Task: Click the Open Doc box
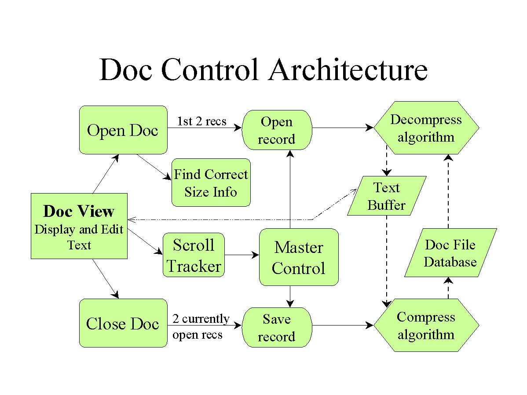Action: click(123, 130)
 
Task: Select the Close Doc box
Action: click(123, 323)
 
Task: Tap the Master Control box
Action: click(299, 257)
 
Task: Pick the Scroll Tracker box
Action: click(194, 255)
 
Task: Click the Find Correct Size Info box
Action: click(211, 183)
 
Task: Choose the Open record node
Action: click(277, 130)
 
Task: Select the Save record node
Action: click(277, 327)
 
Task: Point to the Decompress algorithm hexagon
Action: click(426, 128)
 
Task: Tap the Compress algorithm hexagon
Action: click(426, 325)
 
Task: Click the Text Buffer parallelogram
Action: click(387, 196)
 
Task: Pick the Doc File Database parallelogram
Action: click(450, 253)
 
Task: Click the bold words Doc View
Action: click(79, 211)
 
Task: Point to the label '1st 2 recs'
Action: click(201, 121)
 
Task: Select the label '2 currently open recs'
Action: click(201, 326)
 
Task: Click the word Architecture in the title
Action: click(348, 69)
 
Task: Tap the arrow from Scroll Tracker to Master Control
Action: click(242, 255)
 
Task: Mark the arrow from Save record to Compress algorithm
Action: click(343, 325)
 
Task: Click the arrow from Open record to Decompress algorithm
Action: click(343, 128)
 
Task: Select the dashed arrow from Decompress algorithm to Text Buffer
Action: click(387, 161)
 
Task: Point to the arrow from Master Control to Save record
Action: click(290, 296)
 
